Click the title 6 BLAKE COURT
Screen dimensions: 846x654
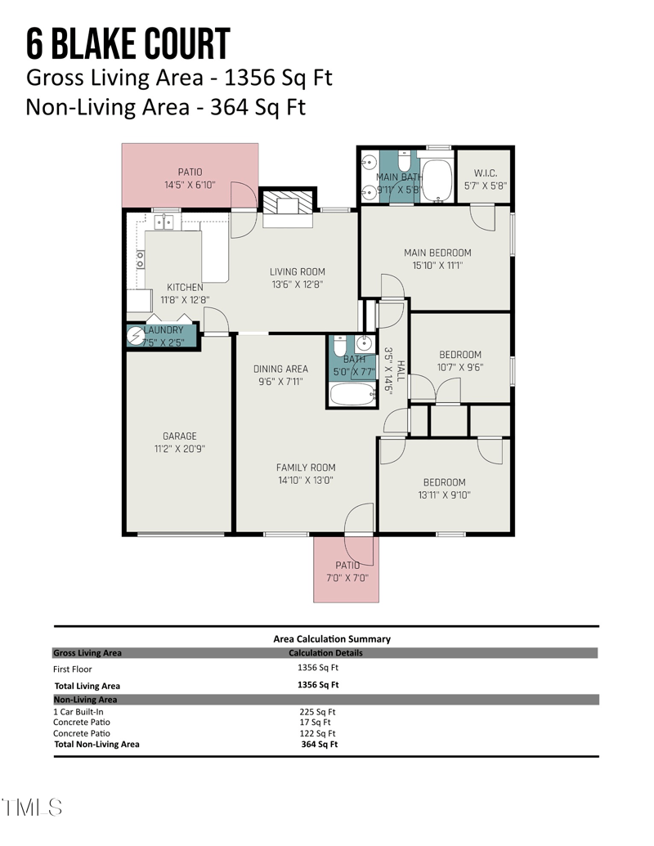click(128, 44)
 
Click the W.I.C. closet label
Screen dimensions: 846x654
click(490, 173)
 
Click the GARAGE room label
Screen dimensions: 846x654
click(179, 436)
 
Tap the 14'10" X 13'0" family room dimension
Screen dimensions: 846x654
click(305, 481)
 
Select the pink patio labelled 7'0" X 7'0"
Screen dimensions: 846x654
click(347, 572)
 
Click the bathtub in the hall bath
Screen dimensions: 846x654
click(353, 395)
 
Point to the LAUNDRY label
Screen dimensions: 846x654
click(163, 330)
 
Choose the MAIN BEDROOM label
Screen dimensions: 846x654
click(437, 253)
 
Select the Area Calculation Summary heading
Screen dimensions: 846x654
click(332, 639)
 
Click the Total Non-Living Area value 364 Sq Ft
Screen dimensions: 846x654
click(319, 744)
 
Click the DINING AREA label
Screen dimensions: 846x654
click(280, 369)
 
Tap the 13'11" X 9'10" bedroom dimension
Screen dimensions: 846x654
click(444, 495)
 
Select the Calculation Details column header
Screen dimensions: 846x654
click(325, 653)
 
